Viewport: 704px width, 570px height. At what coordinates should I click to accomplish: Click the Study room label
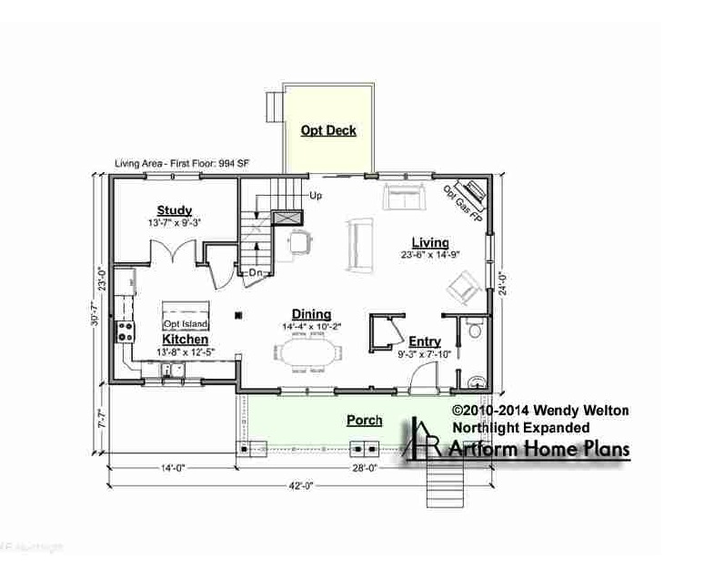coord(174,210)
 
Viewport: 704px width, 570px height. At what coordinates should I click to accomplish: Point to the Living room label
coord(429,242)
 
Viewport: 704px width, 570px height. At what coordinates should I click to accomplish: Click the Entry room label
coord(424,341)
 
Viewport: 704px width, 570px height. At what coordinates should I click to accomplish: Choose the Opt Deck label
coord(328,130)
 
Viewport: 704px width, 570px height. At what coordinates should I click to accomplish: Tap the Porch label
coord(364,420)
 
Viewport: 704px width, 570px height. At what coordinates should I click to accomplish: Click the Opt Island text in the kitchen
coord(186,324)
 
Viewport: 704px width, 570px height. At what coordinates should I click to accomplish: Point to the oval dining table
coord(307,351)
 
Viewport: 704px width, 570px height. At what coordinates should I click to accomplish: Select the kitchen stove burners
coord(124,332)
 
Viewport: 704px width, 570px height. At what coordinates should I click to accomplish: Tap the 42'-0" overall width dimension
coord(302,485)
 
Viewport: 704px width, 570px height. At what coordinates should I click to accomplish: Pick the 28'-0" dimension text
coord(364,468)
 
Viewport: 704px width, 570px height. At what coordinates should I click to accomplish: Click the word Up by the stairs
coord(316,195)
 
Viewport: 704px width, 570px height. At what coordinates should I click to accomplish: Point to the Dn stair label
coord(256,271)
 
